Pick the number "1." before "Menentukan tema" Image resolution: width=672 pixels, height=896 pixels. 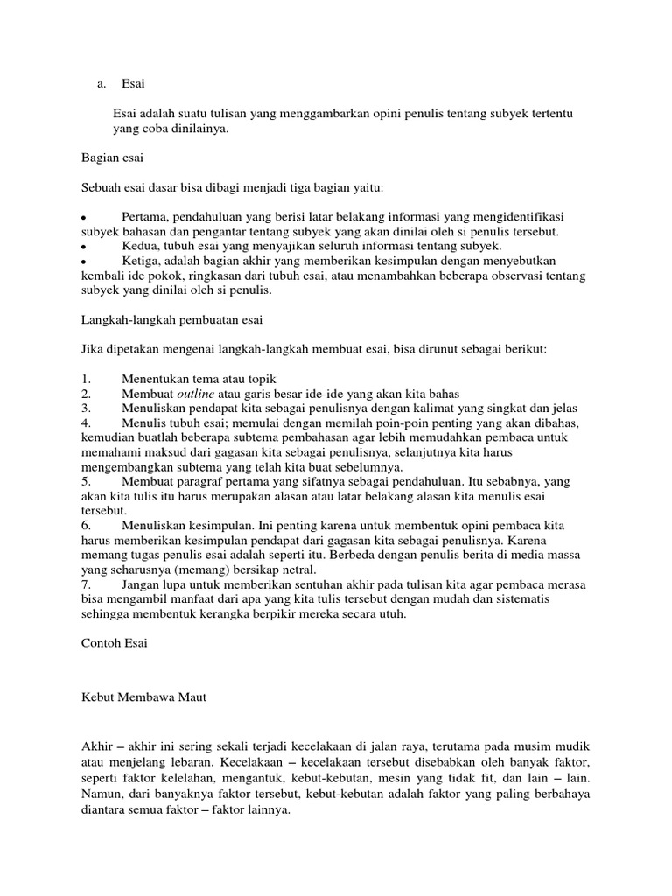(86, 379)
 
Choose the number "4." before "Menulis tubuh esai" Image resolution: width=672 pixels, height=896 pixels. (86, 423)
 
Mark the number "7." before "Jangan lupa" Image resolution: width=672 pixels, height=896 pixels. (86, 584)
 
